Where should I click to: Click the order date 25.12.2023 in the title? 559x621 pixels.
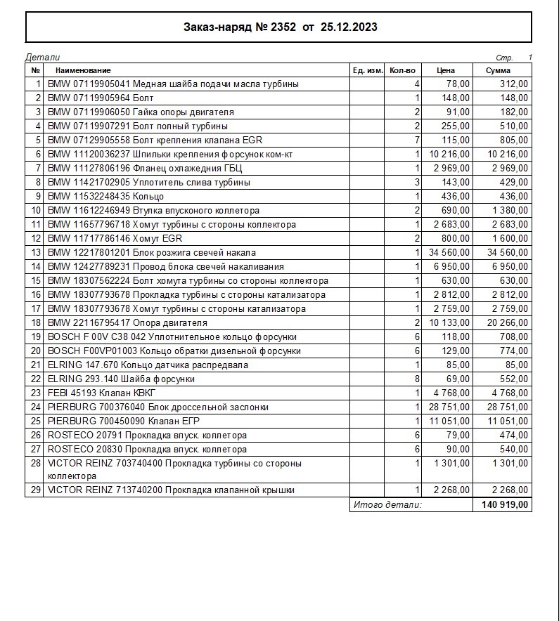click(x=348, y=27)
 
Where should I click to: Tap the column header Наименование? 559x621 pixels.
click(x=83, y=70)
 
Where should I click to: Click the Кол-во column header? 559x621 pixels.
click(x=402, y=70)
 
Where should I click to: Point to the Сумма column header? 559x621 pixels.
click(x=502, y=70)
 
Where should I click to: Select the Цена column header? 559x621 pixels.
click(x=446, y=70)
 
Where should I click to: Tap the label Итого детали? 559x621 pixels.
click(x=387, y=504)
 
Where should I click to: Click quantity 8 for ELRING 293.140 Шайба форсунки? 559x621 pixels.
click(x=417, y=379)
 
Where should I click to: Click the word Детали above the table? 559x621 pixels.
click(x=43, y=57)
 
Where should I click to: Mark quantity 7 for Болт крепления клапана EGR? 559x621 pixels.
click(x=417, y=140)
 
